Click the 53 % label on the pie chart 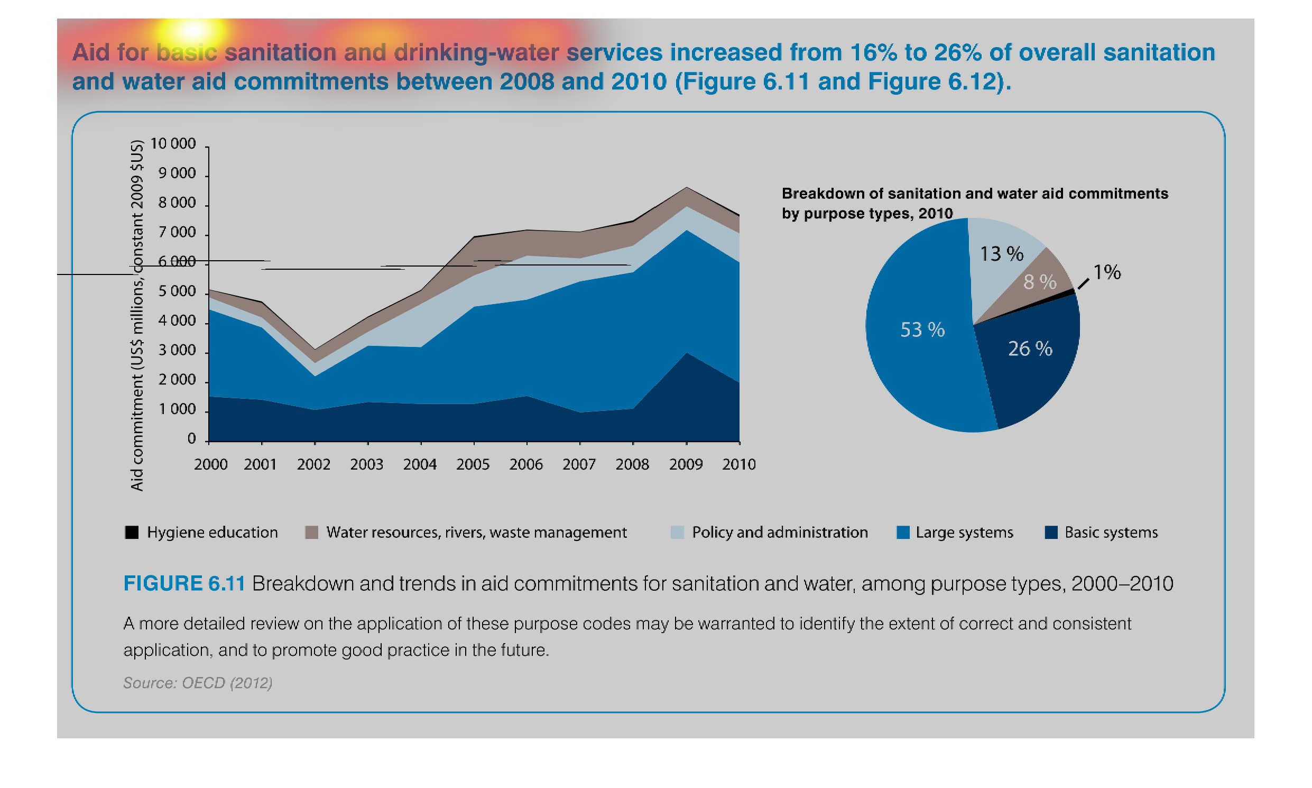tap(922, 330)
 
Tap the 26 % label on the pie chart tap(1029, 349)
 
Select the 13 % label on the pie tap(1001, 254)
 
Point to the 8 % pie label tap(1039, 282)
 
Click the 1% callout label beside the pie tap(1106, 272)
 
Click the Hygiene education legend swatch tap(132, 532)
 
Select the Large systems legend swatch tap(902, 532)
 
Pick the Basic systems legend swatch tap(1050, 532)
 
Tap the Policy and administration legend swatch tap(677, 532)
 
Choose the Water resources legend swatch tap(311, 532)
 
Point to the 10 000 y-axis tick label tap(173, 144)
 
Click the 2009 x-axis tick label tap(685, 465)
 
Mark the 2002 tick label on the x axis tap(313, 465)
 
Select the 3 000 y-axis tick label tap(177, 351)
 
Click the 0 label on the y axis tap(191, 439)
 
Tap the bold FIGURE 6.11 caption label tap(184, 583)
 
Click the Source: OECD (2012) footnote tap(198, 683)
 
